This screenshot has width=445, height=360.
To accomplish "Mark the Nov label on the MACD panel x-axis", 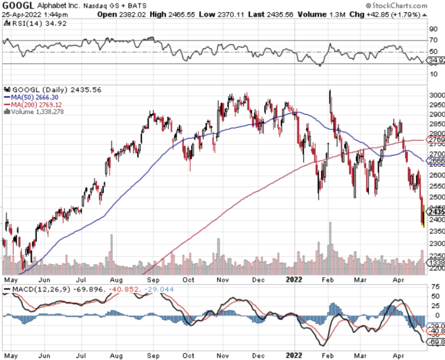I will [x=226, y=355].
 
